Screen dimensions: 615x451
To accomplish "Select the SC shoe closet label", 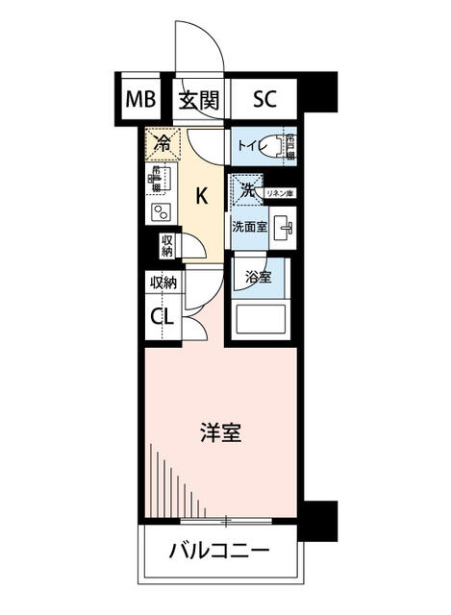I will pyautogui.click(x=264, y=99).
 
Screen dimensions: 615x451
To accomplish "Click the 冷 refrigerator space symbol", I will pyautogui.click(x=163, y=144).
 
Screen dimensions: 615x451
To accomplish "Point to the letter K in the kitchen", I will pyautogui.click(x=202, y=196).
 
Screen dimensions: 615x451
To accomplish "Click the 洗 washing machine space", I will pyautogui.click(x=246, y=189).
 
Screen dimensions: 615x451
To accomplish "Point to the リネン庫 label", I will pyautogui.click(x=279, y=195).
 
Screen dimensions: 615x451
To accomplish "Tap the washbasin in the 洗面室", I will pyautogui.click(x=282, y=229).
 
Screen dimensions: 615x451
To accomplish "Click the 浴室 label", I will pyautogui.click(x=258, y=278).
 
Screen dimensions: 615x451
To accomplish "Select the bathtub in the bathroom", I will pyautogui.click(x=262, y=317).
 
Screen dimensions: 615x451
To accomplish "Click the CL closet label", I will pyautogui.click(x=162, y=315).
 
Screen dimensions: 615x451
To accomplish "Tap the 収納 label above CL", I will pyautogui.click(x=163, y=283).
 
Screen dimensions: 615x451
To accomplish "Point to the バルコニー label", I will pyautogui.click(x=219, y=553).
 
